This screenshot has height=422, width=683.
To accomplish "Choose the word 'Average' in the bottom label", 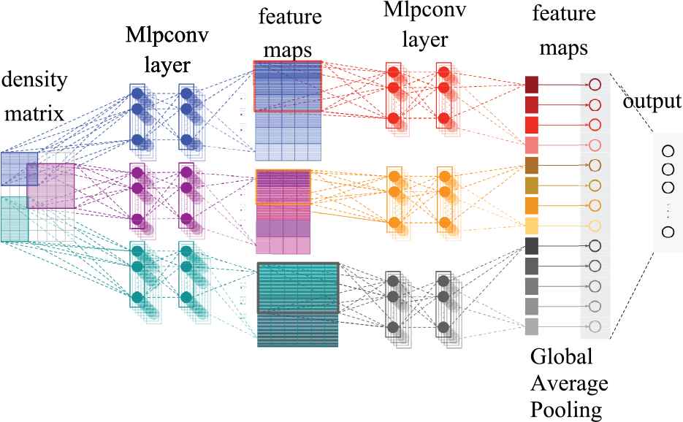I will pyautogui.click(x=568, y=383).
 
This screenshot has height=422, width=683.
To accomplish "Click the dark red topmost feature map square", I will pyautogui.click(x=532, y=84).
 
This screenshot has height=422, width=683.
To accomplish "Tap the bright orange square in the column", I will pyautogui.click(x=532, y=205).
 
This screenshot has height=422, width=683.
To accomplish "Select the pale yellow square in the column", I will pyautogui.click(x=532, y=225).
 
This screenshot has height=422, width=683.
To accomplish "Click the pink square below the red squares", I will pyautogui.click(x=532, y=145).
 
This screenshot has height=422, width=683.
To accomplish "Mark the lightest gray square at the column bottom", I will pyautogui.click(x=532, y=326).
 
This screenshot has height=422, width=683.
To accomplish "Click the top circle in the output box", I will pyautogui.click(x=667, y=152).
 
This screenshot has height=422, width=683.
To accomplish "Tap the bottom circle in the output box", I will pyautogui.click(x=667, y=232).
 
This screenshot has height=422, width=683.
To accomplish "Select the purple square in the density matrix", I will pyautogui.click(x=50, y=185).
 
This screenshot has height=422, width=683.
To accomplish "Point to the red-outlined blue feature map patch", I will pyautogui.click(x=287, y=86).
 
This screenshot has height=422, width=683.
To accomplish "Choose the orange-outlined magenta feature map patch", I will pyautogui.click(x=283, y=185).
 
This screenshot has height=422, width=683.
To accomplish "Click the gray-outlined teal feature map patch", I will pyautogui.click(x=298, y=288).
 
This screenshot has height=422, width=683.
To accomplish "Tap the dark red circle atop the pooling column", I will pyautogui.click(x=593, y=84).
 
